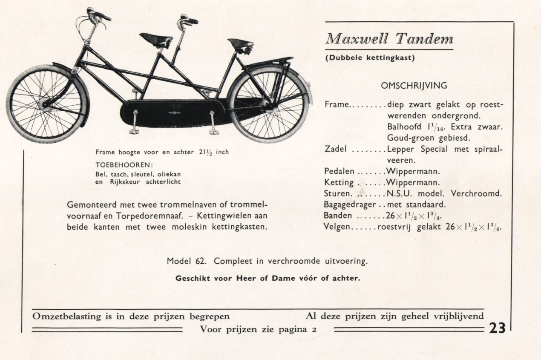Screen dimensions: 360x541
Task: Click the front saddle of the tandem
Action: pyautogui.click(x=155, y=38)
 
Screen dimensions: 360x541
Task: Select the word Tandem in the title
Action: pyautogui.click(x=424, y=39)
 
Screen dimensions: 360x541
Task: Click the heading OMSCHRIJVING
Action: pyautogui.click(x=414, y=86)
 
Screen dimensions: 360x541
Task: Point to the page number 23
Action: pyautogui.click(x=497, y=328)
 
